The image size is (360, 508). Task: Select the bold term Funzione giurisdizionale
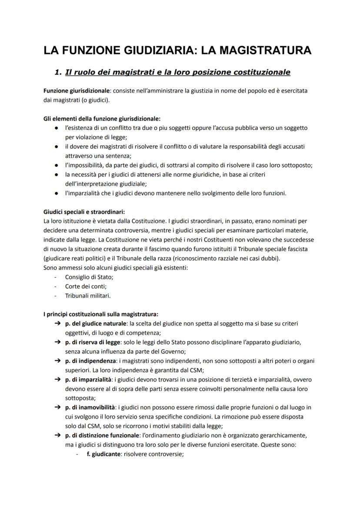[x=75, y=90]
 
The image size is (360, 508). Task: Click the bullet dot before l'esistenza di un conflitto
[x=57, y=128]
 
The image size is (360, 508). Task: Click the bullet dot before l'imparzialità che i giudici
[x=57, y=193]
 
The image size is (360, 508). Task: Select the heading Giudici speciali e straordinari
[x=84, y=212]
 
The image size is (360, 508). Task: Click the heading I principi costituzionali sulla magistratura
[x=101, y=314]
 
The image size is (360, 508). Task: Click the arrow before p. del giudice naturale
[x=57, y=324]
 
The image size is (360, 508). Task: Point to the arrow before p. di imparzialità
[x=57, y=379]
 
